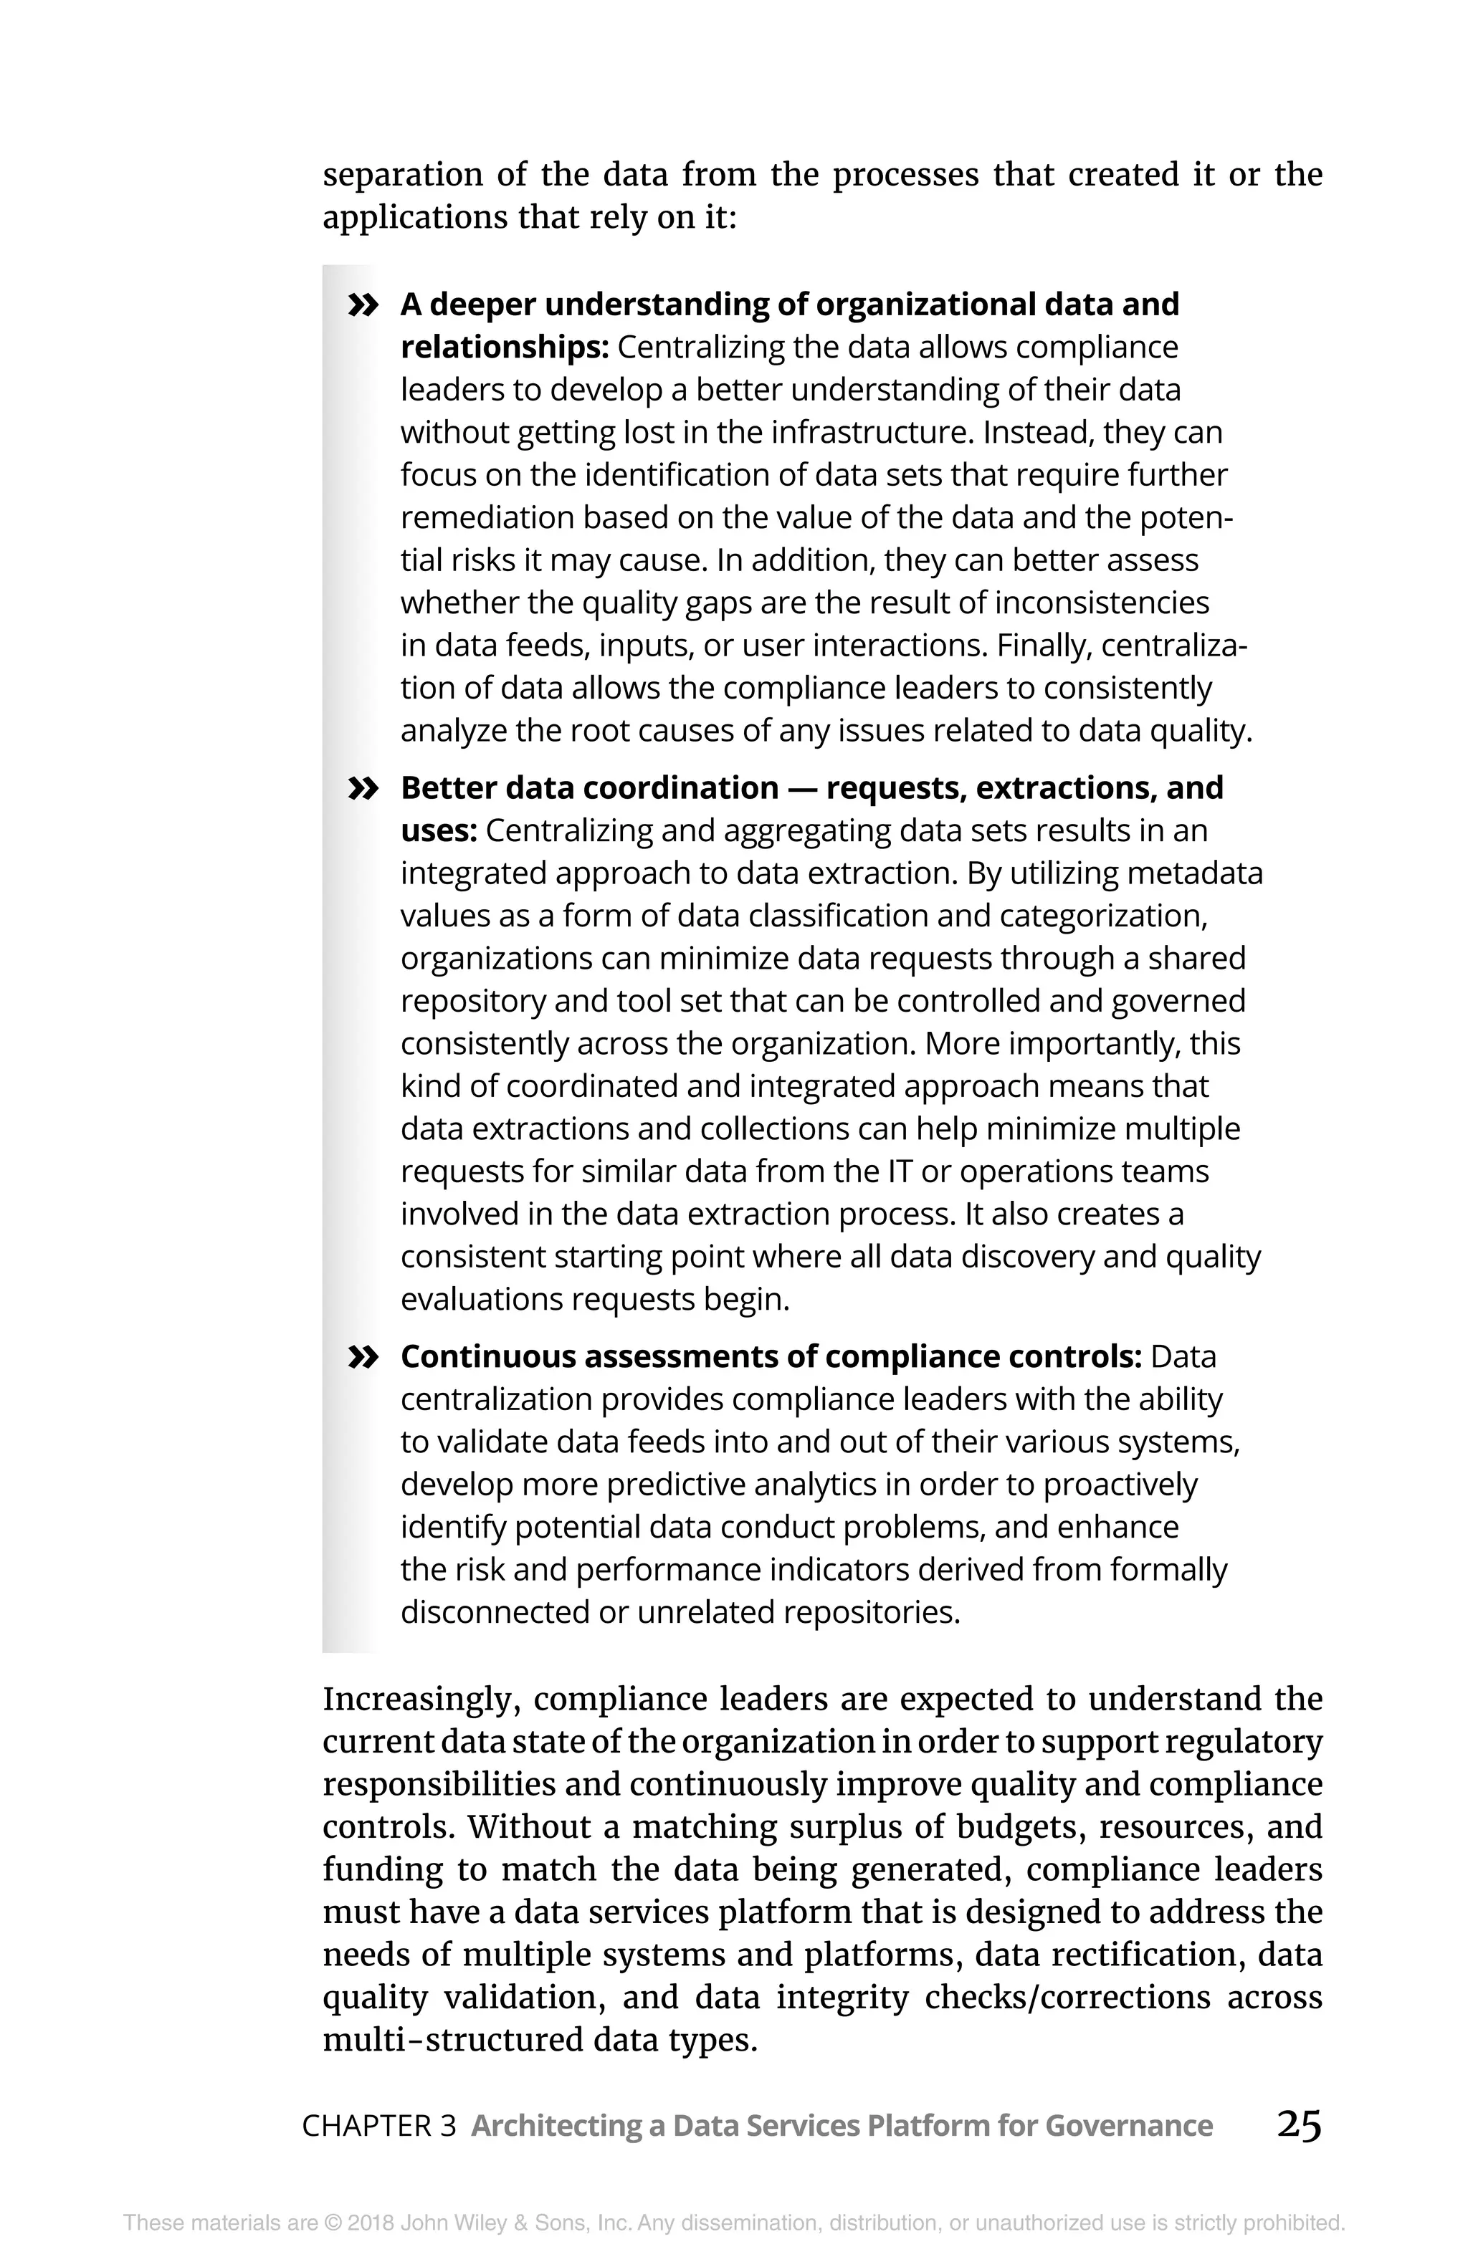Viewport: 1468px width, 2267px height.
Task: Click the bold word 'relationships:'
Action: click(504, 348)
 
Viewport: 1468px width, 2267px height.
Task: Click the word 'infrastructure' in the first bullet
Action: click(872, 433)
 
